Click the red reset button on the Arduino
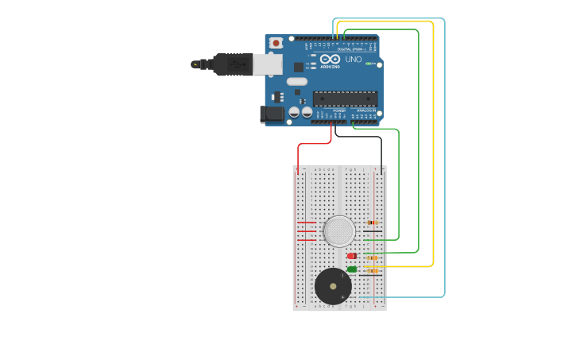point(276,43)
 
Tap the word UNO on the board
point(354,60)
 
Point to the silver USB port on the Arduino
point(267,64)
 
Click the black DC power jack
point(273,114)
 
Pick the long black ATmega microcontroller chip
point(344,99)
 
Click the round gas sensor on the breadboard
point(339,231)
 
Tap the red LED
point(352,256)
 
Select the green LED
point(352,269)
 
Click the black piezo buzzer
point(333,286)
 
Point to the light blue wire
point(444,159)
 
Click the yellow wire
point(433,159)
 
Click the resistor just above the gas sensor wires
point(372,223)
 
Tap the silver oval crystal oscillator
point(296,81)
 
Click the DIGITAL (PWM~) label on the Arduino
point(350,49)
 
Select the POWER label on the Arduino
point(328,110)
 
